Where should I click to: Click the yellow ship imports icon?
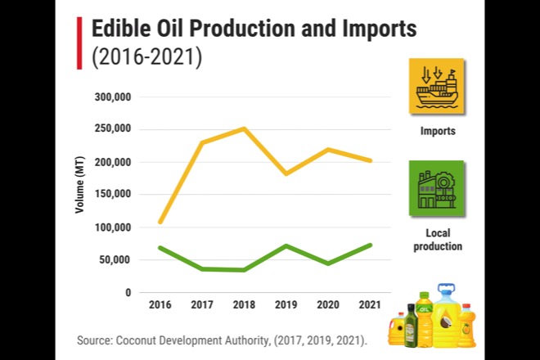coord(437,86)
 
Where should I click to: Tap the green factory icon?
coord(436,188)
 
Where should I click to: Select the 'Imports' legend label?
coord(438,131)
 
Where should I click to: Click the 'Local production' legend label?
coord(438,239)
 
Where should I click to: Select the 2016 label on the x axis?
coord(160,305)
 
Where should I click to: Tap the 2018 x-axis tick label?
coord(244,305)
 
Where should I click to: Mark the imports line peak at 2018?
coord(244,128)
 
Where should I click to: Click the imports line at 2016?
coord(160,222)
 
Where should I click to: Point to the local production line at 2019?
coord(286,245)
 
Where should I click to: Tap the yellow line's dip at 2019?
coord(286,173)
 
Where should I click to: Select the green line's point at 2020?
coord(327,263)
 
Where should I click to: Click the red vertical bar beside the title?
coord(79,43)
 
